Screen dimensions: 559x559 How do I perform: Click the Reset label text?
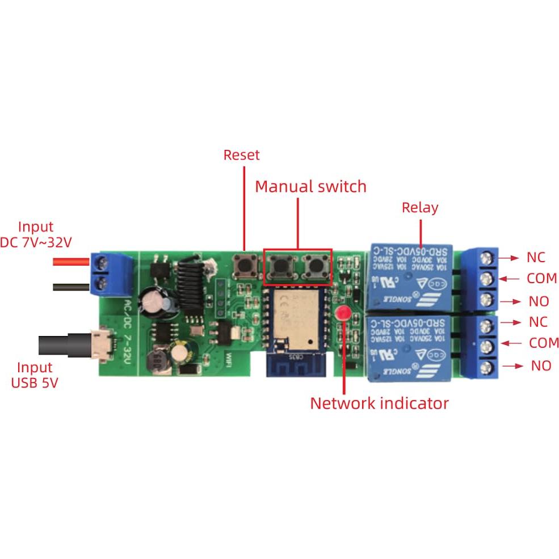(241, 155)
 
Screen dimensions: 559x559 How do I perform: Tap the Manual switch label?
(310, 186)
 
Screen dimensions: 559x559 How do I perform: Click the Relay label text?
(420, 207)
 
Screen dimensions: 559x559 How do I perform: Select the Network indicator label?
(379, 404)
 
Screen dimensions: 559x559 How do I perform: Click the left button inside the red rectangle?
(280, 265)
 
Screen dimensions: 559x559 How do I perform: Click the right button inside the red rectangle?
(314, 265)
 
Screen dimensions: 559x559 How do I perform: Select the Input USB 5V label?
(35, 375)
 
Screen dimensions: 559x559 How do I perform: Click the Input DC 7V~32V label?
(36, 234)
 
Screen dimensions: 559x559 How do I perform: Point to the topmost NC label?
(536, 257)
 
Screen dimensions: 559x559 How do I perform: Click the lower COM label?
(544, 343)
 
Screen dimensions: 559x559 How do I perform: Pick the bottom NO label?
(541, 365)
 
